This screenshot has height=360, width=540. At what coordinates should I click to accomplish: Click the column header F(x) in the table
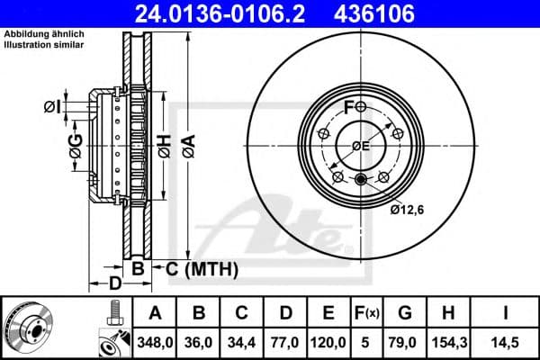coord(369,313)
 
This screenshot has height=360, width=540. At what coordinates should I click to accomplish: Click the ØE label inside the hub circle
coord(360,146)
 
